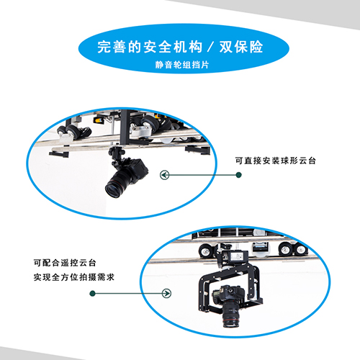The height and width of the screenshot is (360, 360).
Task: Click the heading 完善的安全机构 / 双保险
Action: pos(180,47)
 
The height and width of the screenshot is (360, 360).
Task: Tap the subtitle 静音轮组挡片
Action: pos(182,65)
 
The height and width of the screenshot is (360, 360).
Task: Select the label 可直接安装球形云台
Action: pos(275,161)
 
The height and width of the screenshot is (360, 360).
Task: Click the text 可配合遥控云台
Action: pos(65,263)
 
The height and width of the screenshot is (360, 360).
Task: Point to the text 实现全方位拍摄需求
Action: pos(74,277)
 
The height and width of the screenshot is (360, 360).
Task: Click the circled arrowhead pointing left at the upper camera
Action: pos(165,175)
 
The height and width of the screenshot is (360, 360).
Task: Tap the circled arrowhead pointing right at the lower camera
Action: pos(166,293)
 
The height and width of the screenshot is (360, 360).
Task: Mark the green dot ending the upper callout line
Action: pos(238,175)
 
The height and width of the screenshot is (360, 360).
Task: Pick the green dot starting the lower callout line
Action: pos(92,293)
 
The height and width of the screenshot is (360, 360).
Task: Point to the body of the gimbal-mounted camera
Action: pos(228,293)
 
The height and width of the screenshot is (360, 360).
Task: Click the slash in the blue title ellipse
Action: pos(210,47)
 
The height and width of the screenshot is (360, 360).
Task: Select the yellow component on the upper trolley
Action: pos(99,120)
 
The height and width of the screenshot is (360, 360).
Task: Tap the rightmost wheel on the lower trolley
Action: pos(300,250)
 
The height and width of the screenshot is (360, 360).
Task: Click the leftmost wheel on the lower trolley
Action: pos(206,251)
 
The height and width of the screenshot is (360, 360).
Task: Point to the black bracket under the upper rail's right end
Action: pos(197,150)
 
